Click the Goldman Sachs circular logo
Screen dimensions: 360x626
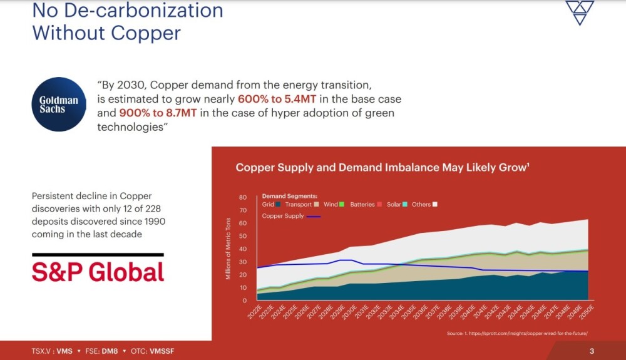[x=58, y=104]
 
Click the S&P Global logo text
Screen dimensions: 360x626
[x=98, y=271]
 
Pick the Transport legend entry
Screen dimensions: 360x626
[x=302, y=205]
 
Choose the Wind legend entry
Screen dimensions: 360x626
[x=334, y=205]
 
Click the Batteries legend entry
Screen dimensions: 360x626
[x=366, y=205]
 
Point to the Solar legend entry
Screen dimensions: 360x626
[x=397, y=205]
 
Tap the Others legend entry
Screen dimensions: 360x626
[x=424, y=205]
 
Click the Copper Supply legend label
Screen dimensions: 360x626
[x=283, y=216]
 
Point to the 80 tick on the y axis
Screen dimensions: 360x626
[x=243, y=197]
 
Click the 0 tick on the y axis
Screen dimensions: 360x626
[x=245, y=301]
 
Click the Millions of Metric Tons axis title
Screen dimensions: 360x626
[x=229, y=249]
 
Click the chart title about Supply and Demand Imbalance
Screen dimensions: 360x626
[x=383, y=168]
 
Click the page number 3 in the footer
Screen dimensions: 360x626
[x=592, y=351]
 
